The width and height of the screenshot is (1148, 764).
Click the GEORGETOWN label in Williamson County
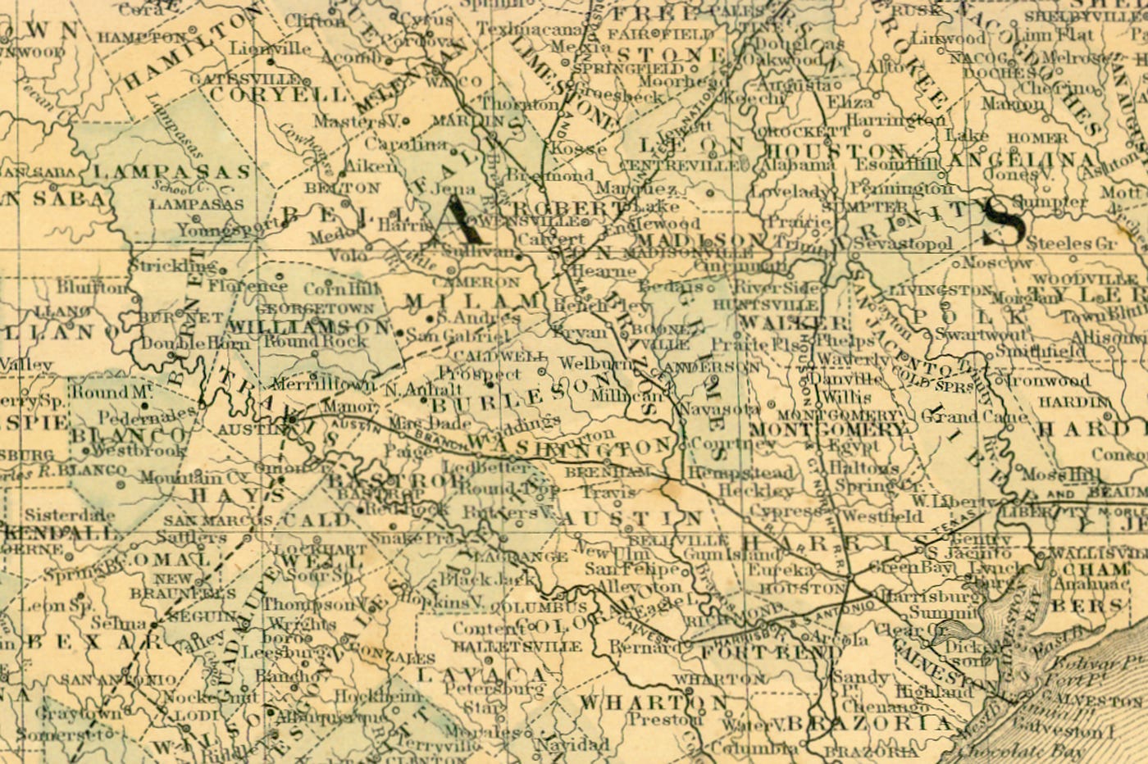(x=315, y=309)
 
